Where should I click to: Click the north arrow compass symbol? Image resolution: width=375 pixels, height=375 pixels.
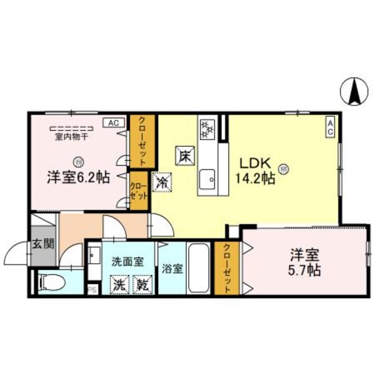click(x=354, y=93)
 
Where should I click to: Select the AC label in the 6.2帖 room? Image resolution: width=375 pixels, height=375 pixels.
click(x=114, y=122)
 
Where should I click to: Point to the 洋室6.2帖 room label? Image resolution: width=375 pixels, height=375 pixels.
click(x=78, y=177)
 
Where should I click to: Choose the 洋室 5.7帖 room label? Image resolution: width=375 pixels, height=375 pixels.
click(x=305, y=262)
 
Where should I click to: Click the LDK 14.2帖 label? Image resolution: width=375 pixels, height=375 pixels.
click(x=256, y=170)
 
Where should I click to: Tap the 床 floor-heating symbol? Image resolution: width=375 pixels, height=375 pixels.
click(x=184, y=154)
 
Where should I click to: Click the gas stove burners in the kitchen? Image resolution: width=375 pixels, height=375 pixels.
click(x=207, y=128)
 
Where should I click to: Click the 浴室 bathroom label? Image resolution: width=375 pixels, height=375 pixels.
click(x=172, y=270)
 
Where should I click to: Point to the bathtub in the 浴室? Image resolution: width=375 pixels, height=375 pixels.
click(x=199, y=269)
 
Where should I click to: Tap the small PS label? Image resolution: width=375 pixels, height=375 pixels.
click(x=93, y=289)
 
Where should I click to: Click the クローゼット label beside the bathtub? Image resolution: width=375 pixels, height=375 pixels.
click(x=227, y=269)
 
